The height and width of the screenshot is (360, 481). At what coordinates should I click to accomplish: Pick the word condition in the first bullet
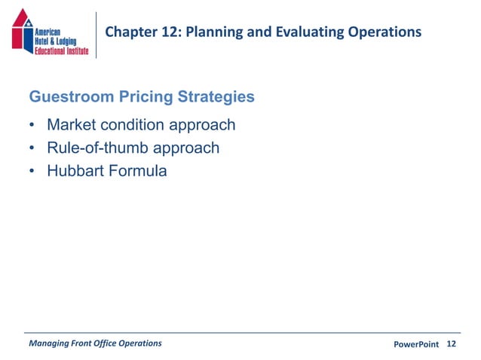136,125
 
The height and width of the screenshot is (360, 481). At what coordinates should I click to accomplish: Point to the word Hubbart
76,171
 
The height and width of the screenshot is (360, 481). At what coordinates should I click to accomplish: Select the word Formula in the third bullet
138,171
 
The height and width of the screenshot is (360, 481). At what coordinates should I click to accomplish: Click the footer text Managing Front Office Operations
94,343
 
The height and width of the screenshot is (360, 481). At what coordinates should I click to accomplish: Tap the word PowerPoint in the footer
416,344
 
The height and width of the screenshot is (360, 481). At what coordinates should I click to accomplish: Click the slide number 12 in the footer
452,344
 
